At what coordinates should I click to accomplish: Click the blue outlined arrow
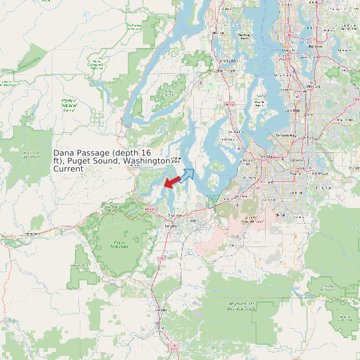187,175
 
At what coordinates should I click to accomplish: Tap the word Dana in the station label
64,153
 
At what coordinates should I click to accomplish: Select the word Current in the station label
68,169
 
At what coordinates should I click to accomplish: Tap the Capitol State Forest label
120,244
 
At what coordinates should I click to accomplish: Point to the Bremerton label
229,61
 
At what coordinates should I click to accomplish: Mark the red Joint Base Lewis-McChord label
250,219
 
